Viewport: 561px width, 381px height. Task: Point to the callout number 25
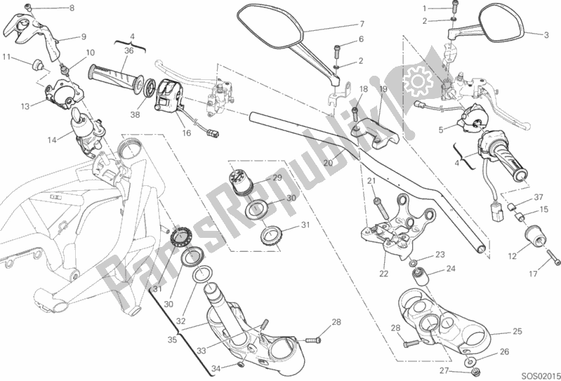(x=517, y=331)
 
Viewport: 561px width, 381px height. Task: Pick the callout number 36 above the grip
(x=128, y=51)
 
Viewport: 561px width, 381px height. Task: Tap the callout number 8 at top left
(x=70, y=8)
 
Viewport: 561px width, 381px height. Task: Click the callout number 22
(x=383, y=273)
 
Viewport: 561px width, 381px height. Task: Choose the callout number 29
(x=277, y=178)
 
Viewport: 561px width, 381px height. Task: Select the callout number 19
(x=383, y=89)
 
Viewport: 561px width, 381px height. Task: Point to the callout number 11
(x=6, y=56)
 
